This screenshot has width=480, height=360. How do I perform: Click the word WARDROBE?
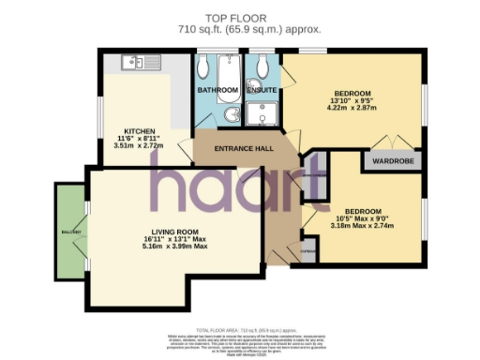[396, 159]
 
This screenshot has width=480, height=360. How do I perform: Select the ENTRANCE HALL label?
[243, 150]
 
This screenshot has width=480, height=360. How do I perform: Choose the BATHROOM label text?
[217, 91]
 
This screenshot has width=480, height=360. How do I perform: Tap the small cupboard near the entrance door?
[307, 250]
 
